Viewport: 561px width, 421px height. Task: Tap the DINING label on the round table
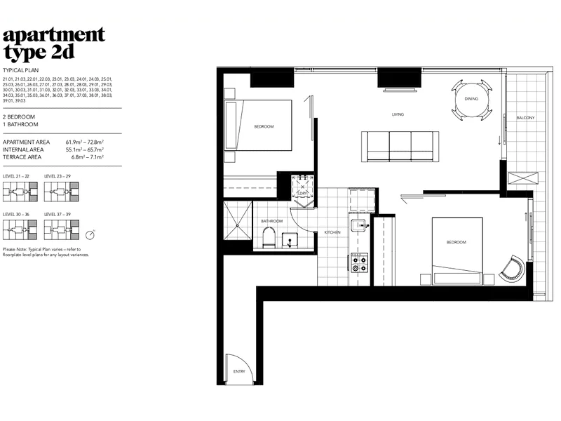(x=471, y=99)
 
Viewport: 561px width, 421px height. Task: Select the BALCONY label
(x=525, y=118)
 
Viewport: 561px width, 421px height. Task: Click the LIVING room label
(x=398, y=114)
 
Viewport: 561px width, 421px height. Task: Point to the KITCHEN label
(x=332, y=232)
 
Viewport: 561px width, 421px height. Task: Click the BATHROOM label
(x=272, y=221)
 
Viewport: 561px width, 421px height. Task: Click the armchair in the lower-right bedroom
(x=513, y=268)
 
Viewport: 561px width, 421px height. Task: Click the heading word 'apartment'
(x=54, y=34)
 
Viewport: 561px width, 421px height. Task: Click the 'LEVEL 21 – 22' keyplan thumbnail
(x=19, y=190)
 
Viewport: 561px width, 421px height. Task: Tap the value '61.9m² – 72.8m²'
(x=85, y=142)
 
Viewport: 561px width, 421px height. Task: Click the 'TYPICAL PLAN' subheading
(x=20, y=71)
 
